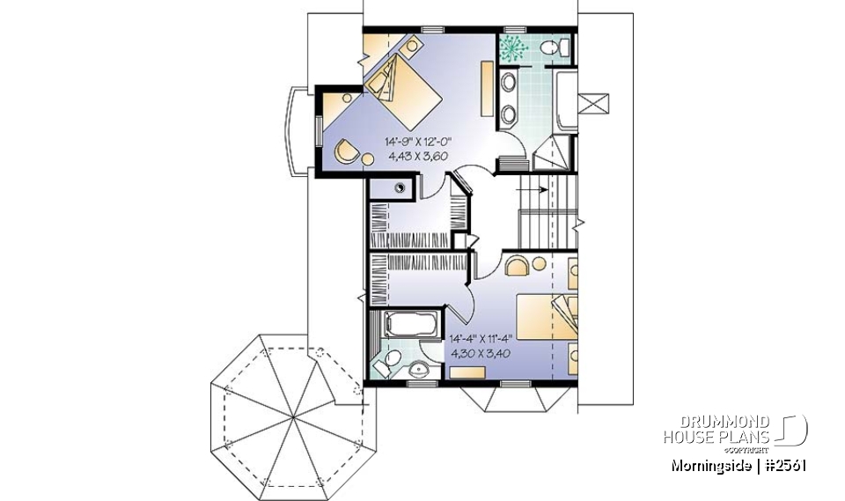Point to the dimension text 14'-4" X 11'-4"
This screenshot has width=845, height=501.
[x=481, y=336]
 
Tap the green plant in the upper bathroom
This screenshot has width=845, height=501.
[x=513, y=47]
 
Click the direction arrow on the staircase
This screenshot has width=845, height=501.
[x=532, y=188]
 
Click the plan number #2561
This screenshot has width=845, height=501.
[x=786, y=465]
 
